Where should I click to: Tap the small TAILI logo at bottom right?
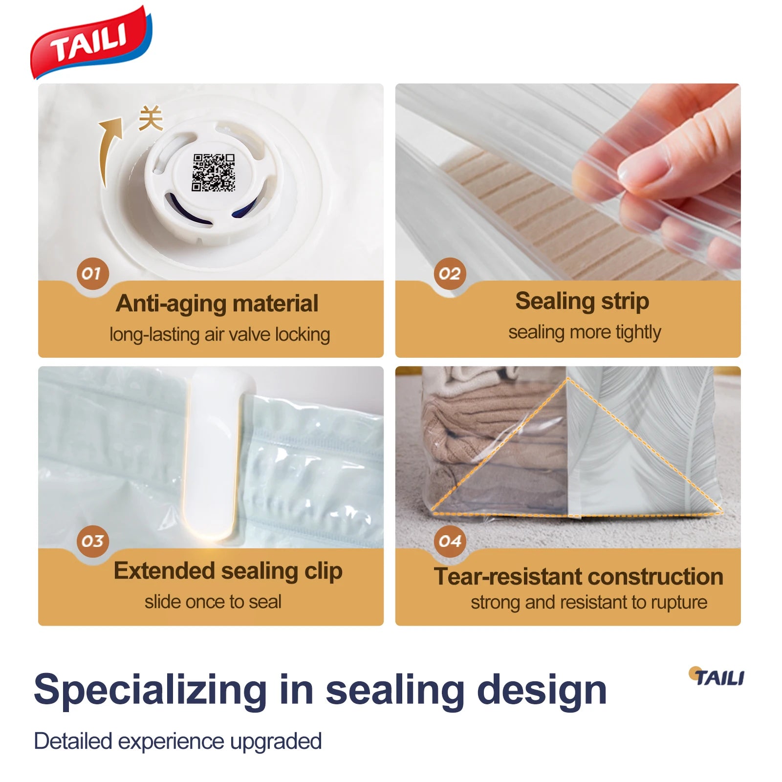(x=717, y=677)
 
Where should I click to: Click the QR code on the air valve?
(x=213, y=172)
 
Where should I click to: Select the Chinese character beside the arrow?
(x=151, y=118)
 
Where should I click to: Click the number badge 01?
(x=92, y=273)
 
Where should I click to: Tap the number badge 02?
(x=450, y=273)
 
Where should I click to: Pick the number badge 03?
(x=92, y=541)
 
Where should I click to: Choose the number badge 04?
(x=450, y=541)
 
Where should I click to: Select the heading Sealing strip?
(x=582, y=301)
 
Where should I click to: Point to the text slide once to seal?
(x=213, y=602)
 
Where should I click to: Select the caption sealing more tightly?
(x=585, y=332)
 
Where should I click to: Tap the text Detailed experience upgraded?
(x=178, y=741)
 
